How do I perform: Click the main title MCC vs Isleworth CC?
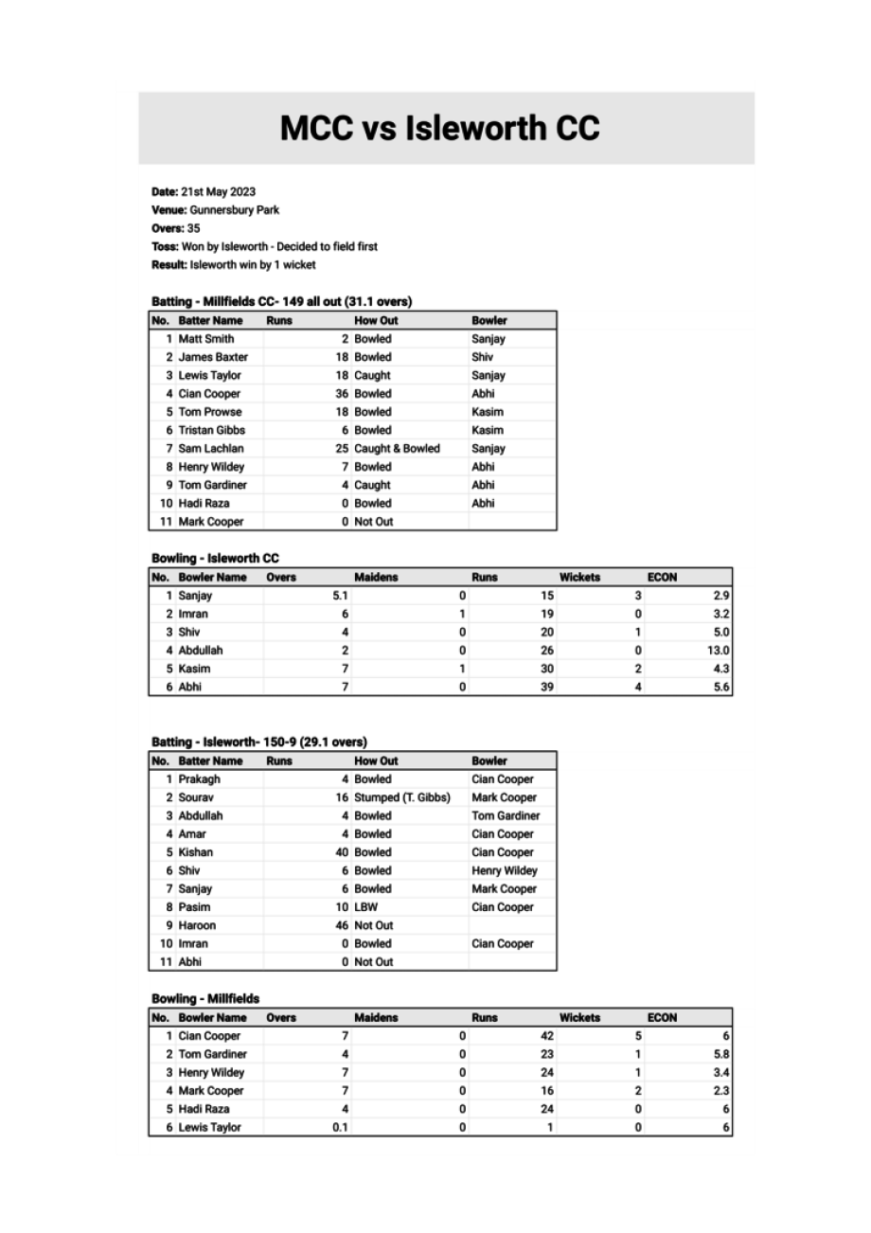[439, 129]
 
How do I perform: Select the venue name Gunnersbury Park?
[234, 210]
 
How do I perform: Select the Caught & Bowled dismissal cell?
[397, 449]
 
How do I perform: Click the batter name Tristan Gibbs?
[211, 430]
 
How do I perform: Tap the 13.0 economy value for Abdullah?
[719, 651]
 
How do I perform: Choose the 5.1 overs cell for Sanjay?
[340, 596]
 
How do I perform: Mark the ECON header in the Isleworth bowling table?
[662, 577]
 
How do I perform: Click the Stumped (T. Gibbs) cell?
[401, 797]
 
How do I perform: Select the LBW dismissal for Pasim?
[365, 907]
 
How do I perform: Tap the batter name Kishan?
[195, 852]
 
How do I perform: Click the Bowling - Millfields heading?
[204, 998]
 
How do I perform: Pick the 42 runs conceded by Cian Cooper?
[546, 1036]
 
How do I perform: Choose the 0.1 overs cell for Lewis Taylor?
[340, 1127]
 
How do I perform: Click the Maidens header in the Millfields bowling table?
[376, 1018]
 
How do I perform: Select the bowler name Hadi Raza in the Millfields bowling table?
[204, 1109]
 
